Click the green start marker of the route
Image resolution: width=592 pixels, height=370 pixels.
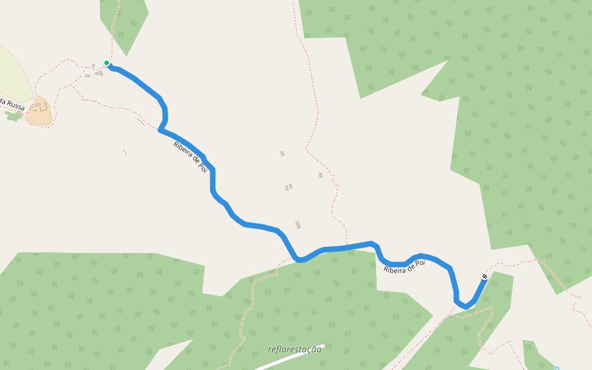point(107,63)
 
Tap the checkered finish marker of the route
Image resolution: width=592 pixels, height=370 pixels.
point(485,276)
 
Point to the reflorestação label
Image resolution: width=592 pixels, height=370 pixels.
point(295,350)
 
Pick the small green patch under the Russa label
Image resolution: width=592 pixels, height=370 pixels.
point(13,116)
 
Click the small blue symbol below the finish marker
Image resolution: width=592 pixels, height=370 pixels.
point(556,368)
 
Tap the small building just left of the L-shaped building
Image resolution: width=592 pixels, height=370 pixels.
point(88,76)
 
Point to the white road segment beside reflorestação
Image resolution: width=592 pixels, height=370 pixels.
point(290,358)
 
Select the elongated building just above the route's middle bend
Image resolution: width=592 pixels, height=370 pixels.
point(298,225)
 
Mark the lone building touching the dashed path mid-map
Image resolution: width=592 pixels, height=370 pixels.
point(321,175)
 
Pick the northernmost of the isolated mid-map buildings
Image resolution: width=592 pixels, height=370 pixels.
point(282,154)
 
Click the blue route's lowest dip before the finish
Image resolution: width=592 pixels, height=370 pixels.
point(465,306)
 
